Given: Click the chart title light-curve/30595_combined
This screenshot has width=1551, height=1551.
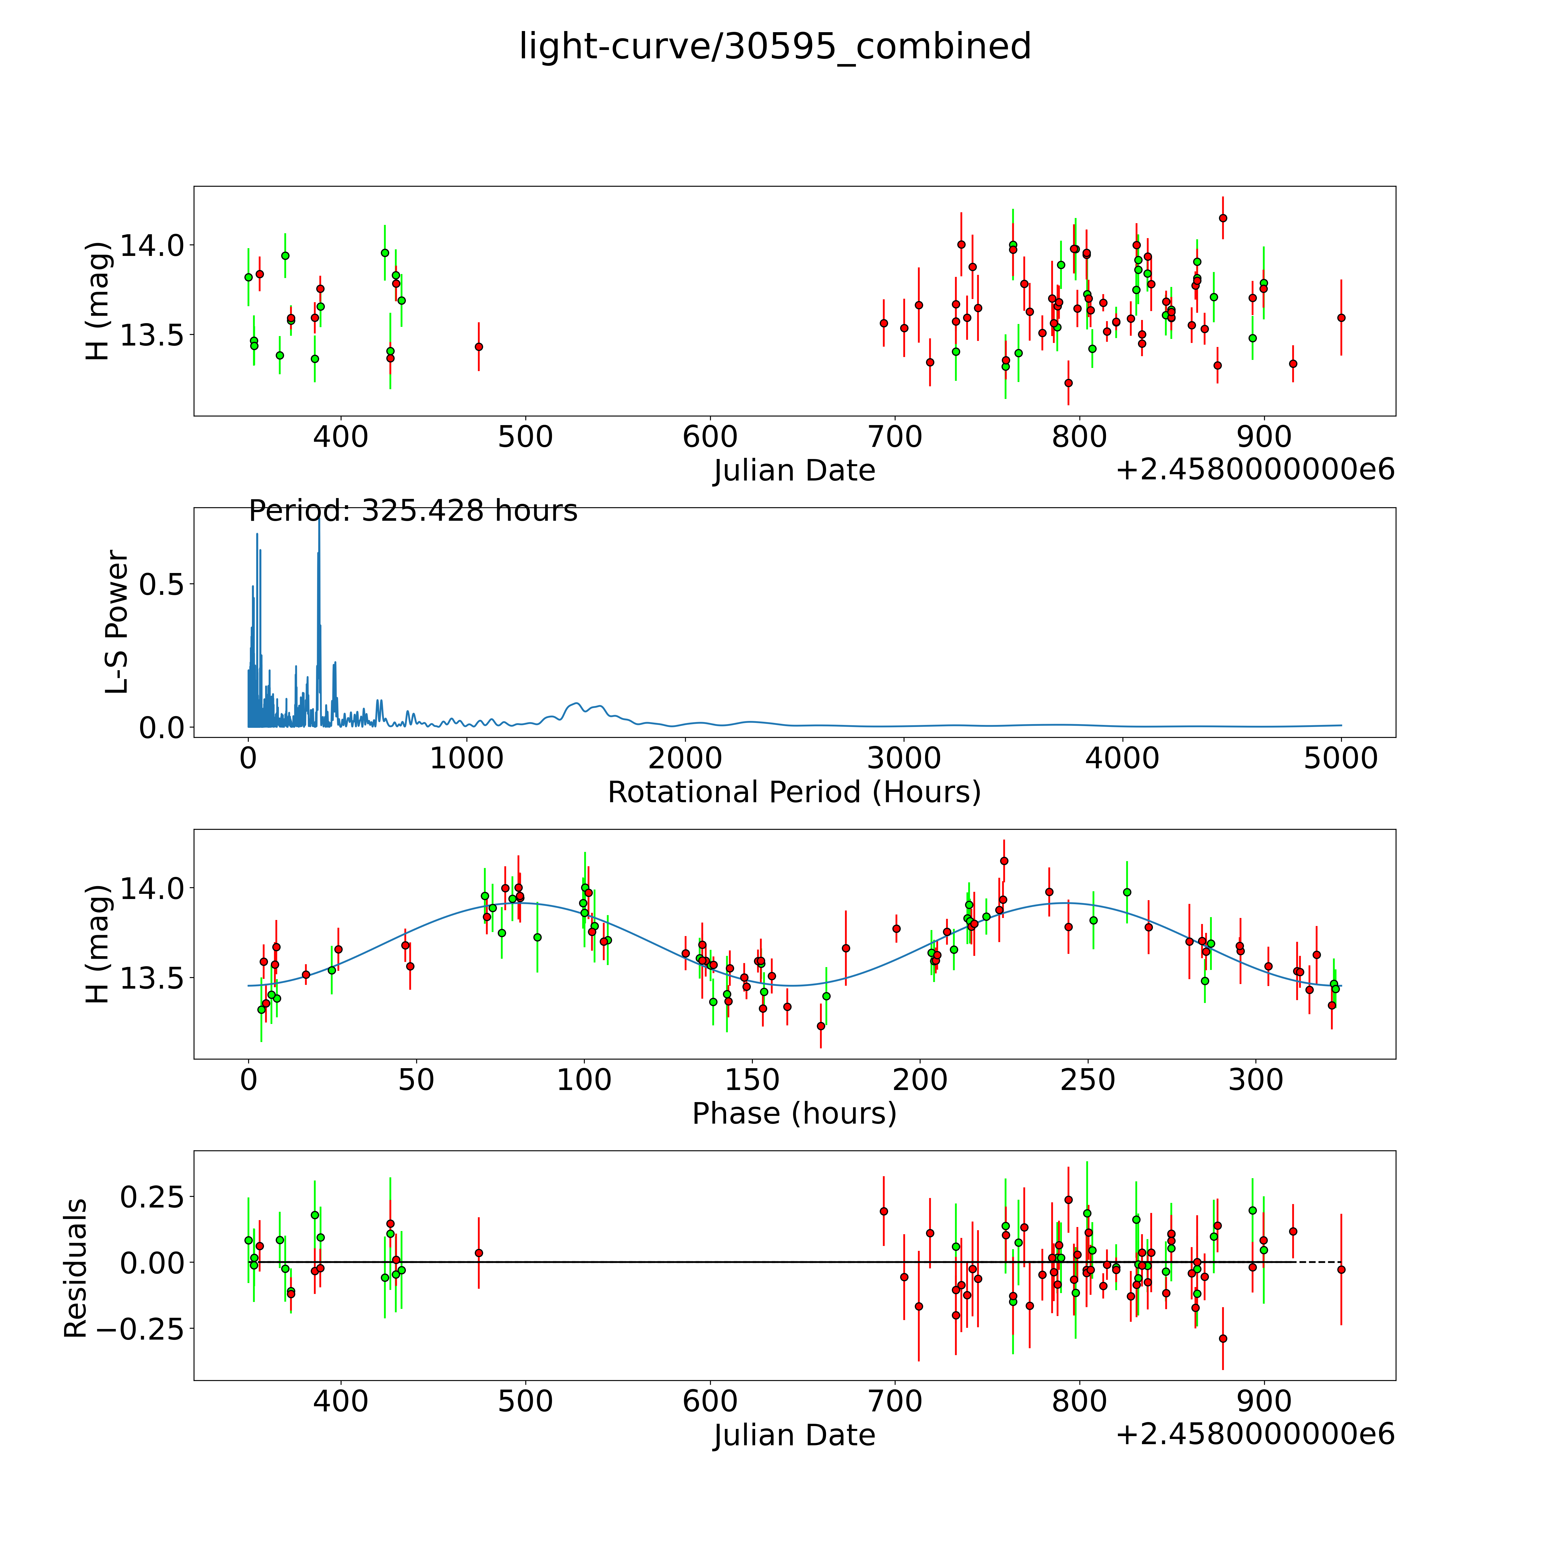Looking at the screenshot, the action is point(775,47).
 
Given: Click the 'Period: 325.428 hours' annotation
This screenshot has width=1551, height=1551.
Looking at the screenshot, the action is point(413,511).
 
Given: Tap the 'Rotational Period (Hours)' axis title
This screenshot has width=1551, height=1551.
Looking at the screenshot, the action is point(794,792).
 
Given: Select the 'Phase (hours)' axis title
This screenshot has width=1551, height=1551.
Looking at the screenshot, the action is point(794,1114).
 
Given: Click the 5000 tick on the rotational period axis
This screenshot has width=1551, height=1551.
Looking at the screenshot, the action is point(1341,758).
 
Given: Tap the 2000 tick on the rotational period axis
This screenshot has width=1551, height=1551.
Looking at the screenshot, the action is point(685,758).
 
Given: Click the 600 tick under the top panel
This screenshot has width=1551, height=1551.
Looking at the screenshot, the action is point(711,437).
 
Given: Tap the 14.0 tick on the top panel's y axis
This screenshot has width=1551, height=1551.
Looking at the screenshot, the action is point(152,245).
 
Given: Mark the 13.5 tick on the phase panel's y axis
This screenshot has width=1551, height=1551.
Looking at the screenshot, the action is point(152,978).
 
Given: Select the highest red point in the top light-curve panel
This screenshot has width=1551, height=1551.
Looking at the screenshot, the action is point(1223,217).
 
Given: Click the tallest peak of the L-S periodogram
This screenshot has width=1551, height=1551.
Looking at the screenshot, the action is point(319,519).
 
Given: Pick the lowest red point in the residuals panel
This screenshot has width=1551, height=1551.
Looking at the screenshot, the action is point(1223,1338).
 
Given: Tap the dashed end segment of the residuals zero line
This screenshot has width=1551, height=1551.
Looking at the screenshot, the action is point(1317,1262).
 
